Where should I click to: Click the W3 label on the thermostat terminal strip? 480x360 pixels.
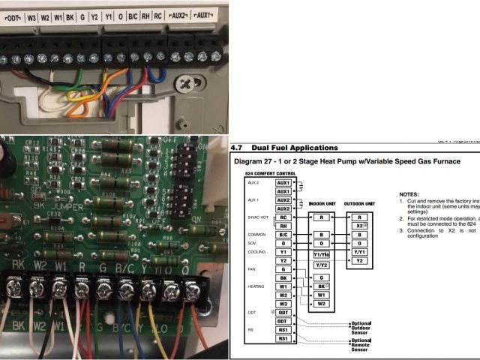click(x=31, y=15)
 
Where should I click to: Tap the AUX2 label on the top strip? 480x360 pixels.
click(x=179, y=15)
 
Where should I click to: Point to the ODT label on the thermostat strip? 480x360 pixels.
click(x=11, y=15)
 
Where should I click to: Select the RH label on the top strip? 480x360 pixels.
click(x=145, y=15)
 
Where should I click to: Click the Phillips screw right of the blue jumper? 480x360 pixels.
click(x=184, y=85)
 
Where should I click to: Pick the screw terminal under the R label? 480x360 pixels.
click(x=80, y=285)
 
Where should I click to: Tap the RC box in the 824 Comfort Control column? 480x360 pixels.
click(x=283, y=217)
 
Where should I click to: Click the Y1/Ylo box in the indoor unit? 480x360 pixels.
click(x=321, y=255)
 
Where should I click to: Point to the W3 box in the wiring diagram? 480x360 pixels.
click(x=283, y=304)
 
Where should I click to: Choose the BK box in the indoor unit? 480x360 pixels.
click(x=321, y=286)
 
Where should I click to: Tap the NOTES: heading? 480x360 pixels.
click(x=409, y=193)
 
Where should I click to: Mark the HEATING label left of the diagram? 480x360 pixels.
click(x=255, y=286)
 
